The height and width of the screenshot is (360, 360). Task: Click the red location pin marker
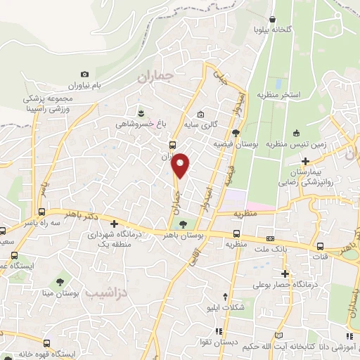(x=181, y=165)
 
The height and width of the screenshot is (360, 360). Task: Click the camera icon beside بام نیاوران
(x=85, y=75)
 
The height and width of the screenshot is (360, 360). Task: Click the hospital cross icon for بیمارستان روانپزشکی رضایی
(x=304, y=162)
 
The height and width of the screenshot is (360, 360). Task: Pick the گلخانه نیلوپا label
(x=272, y=30)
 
